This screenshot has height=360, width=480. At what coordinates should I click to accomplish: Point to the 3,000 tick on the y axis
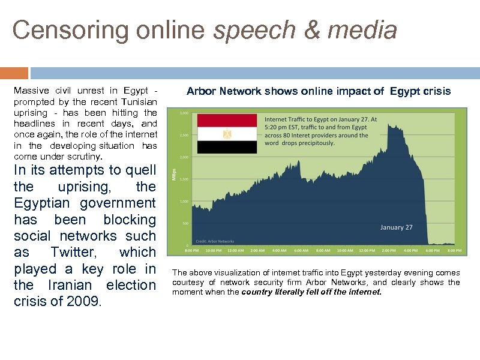185,113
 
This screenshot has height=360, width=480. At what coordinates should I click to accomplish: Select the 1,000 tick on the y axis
185,201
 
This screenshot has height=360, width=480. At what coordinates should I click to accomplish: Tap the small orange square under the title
14,73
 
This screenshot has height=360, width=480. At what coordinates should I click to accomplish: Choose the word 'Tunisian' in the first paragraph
138,101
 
